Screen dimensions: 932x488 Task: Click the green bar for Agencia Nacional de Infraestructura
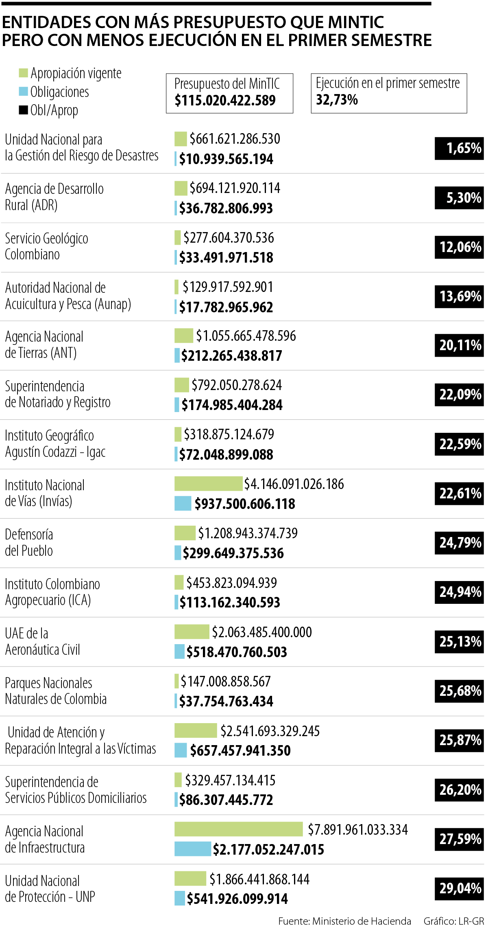238,829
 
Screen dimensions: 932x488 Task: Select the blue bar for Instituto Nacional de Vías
183,503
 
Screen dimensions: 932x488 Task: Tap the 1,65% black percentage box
459,148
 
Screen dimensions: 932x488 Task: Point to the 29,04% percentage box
459,888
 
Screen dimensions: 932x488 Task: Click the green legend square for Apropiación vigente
24,73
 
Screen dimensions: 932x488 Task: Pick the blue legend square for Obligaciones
24,92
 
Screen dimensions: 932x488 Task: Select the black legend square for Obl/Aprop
24,110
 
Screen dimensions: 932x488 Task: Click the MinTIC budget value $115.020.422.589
225,100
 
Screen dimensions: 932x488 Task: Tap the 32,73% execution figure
337,100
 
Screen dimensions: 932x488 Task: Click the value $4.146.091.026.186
294,484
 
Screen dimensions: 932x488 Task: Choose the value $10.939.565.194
226,159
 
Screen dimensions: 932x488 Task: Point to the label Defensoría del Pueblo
29,542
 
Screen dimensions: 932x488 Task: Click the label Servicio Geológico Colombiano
46,246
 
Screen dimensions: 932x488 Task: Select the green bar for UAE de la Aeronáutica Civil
192,632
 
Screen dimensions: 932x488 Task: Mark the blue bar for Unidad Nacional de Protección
180,899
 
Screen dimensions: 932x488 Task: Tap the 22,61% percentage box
459,493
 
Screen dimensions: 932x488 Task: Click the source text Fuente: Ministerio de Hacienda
344,921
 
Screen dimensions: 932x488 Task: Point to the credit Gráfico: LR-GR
453,921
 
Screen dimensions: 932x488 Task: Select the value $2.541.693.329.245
270,731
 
